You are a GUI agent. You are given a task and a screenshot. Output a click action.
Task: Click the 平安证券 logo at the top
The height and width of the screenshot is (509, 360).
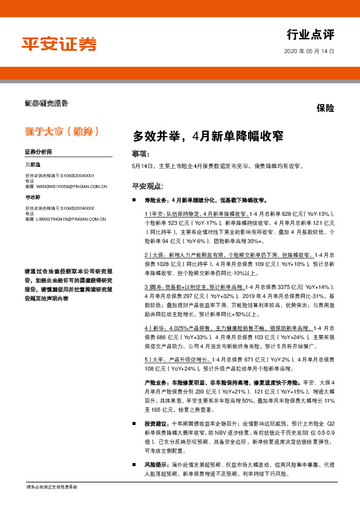(59, 44)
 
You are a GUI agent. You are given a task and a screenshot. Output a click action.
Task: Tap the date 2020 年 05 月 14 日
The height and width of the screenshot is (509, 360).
(309, 52)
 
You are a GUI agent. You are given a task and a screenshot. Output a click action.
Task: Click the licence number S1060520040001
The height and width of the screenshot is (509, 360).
(85, 175)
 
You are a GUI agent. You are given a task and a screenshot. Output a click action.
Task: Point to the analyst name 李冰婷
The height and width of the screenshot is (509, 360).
(33, 197)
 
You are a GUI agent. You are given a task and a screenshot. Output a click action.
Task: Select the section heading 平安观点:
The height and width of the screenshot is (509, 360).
(148, 186)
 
